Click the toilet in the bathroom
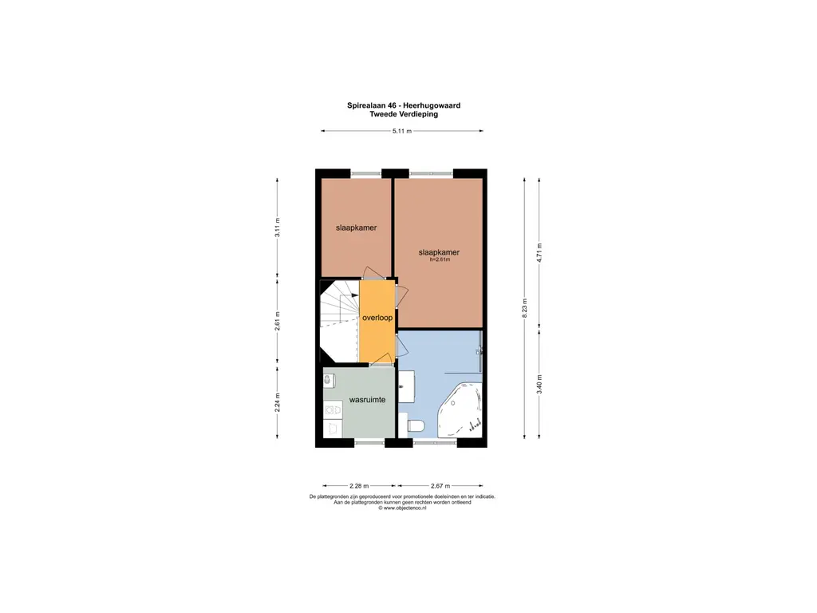pos(415,426)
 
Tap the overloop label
pos(377,318)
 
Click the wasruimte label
pos(367,400)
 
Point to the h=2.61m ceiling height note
pos(440,259)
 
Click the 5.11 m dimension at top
pos(402,131)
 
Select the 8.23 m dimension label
pos(525,308)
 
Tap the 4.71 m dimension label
pos(539,253)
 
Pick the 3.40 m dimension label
pos(539,384)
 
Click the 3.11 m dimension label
pos(277,227)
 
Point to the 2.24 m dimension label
pos(277,402)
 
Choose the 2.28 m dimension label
pos(359,486)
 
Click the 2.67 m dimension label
pos(440,486)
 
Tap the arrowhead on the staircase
pos(355,295)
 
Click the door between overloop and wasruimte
pos(382,360)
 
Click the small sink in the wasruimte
pos(327,381)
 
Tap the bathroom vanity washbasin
pos(406,386)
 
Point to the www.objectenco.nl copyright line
pos(402,508)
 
